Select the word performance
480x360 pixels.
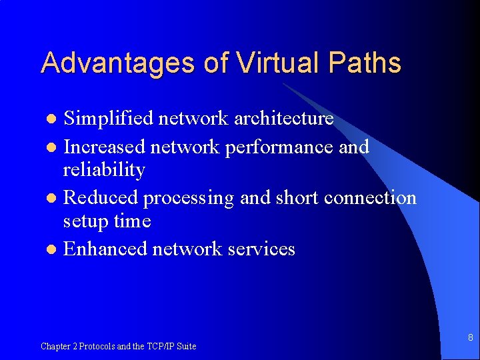[x=279, y=147]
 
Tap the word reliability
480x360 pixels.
[x=103, y=170]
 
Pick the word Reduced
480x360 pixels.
[x=100, y=197]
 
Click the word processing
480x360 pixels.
[x=189, y=198]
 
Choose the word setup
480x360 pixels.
[x=86, y=221]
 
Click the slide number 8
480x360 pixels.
[x=470, y=338]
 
